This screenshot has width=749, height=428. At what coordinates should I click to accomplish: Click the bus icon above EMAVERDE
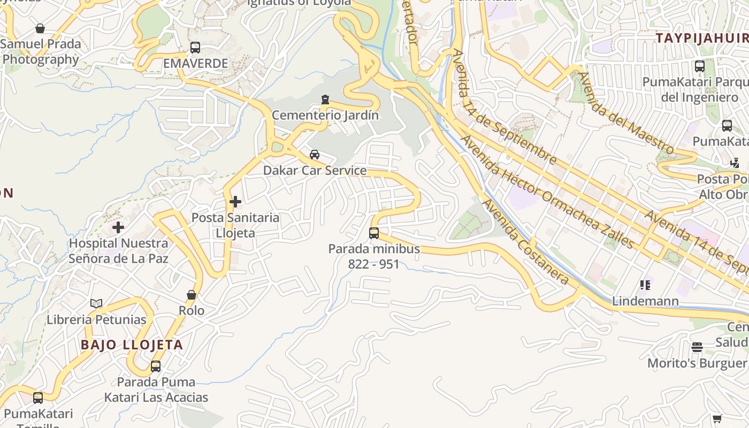[x=195, y=48]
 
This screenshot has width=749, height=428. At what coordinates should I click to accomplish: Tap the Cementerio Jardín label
[x=325, y=115]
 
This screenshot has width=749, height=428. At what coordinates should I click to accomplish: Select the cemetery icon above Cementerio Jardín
[x=325, y=100]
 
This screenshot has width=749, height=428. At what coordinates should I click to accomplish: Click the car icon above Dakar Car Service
[x=315, y=155]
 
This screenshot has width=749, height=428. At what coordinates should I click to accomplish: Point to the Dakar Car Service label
[x=315, y=171]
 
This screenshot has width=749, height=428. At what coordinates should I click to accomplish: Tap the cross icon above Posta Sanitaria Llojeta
[x=235, y=202]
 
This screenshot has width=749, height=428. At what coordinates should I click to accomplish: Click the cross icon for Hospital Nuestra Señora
[x=118, y=227]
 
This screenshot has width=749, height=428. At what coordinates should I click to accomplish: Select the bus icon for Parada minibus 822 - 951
[x=374, y=233]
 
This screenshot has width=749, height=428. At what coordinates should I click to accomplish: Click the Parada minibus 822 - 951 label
[x=374, y=256]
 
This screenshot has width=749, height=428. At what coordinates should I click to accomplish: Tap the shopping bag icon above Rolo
[x=192, y=295]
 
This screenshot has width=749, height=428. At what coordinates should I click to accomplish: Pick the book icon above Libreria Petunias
[x=96, y=304]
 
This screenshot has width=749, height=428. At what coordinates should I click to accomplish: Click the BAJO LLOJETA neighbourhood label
[x=132, y=345]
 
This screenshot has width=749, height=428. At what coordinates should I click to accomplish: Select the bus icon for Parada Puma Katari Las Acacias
[x=156, y=366]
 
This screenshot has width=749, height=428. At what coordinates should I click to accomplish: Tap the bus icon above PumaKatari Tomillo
[x=38, y=398]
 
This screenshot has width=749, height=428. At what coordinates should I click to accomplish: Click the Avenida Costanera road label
[x=525, y=242]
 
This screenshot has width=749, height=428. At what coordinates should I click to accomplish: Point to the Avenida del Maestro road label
[x=626, y=112]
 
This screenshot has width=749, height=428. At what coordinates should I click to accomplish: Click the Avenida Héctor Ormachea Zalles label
[x=547, y=192]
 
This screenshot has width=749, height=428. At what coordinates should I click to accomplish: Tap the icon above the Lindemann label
[x=645, y=285]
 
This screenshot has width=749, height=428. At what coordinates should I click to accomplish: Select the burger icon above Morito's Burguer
[x=697, y=347]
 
